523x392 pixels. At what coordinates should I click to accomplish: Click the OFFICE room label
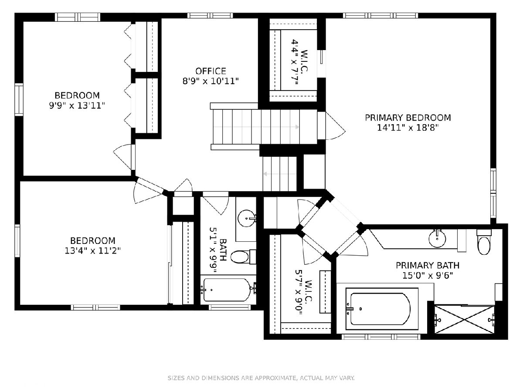pyautogui.click(x=211, y=71)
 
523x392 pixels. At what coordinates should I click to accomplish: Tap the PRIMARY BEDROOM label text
pyautogui.click(x=408, y=118)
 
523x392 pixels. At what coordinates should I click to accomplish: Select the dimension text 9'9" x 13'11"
pyautogui.click(x=77, y=105)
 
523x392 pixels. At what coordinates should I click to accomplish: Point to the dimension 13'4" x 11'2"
pyautogui.click(x=93, y=250)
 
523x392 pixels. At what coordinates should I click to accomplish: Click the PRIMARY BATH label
pyautogui.click(x=428, y=265)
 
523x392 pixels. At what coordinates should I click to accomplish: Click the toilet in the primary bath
pyautogui.click(x=484, y=242)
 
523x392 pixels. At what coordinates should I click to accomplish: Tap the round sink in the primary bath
pyautogui.click(x=437, y=238)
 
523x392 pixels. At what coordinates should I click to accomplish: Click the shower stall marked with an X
pyautogui.click(x=465, y=320)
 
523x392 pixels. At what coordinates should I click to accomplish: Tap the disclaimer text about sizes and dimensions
pyautogui.click(x=261, y=378)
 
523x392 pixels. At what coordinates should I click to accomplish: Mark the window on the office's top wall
pyautogui.click(x=210, y=16)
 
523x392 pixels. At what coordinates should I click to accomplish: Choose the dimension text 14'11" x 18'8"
pyautogui.click(x=408, y=128)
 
